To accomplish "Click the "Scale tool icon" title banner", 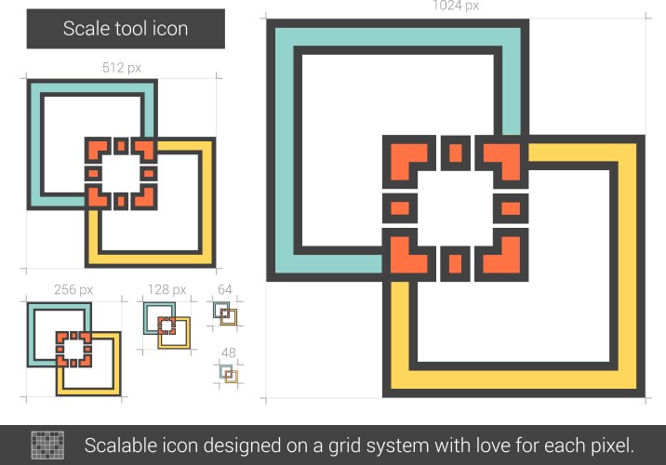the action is click(126, 29).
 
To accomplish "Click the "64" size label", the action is click(225, 289).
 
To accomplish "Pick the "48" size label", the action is click(229, 352).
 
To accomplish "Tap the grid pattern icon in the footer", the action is click(47, 445).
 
